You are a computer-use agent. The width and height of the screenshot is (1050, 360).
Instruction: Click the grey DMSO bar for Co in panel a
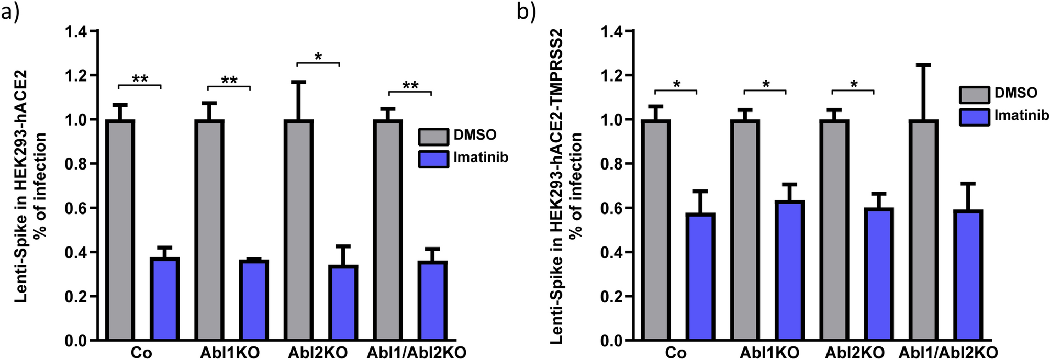(120, 230)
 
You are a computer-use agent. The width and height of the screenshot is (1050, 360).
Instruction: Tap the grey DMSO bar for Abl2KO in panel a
(298, 230)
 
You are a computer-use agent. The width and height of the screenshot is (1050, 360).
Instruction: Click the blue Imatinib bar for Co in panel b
(700, 277)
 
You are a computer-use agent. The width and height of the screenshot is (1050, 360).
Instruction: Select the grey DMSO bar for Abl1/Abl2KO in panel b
(923, 230)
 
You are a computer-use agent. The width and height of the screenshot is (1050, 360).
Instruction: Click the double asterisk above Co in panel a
(140, 79)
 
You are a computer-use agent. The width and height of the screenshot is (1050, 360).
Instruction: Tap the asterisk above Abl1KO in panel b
(766, 84)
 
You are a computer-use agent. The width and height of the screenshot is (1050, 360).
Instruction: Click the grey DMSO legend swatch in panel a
(433, 136)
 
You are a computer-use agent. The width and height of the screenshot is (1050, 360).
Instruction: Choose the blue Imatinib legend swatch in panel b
(974, 117)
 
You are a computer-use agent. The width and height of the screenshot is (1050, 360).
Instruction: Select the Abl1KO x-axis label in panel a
(229, 353)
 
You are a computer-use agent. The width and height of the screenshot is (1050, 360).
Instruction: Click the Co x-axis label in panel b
(676, 353)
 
